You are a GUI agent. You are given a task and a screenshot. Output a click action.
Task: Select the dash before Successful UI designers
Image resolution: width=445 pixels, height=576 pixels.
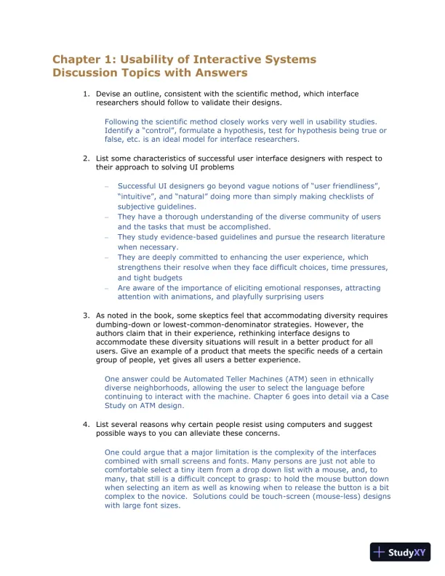[x=107, y=187]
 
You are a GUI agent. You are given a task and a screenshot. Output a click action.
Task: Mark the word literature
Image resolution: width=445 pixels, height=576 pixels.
[x=357, y=237]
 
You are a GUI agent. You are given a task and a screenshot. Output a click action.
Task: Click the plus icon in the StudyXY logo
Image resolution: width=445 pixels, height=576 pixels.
[x=379, y=552]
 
